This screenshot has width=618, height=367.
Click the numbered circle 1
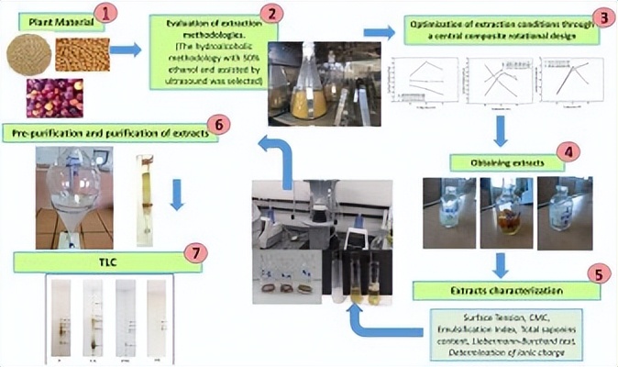[107, 14]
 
